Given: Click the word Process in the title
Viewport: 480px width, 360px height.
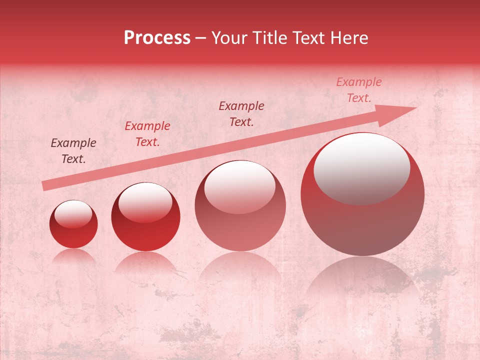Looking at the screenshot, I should (157, 38).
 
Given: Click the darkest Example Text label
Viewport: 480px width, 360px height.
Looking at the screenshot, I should (73, 150).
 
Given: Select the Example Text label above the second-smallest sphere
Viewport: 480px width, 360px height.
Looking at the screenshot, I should (147, 133).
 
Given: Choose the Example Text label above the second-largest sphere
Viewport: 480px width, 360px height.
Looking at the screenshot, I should (241, 113).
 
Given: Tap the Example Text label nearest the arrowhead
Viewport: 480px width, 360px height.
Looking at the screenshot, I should (359, 90).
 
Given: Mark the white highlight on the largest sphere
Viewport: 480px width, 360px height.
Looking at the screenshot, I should (361, 167).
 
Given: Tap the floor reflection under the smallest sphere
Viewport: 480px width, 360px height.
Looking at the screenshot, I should (73, 255).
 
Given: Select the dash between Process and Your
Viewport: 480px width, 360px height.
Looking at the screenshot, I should (200, 38).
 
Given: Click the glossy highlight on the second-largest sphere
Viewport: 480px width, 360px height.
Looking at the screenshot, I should (239, 186).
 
